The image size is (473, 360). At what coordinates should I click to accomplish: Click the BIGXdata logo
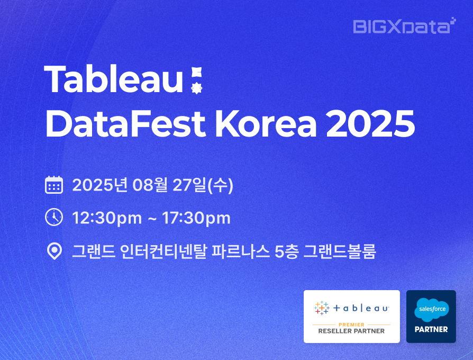coord(405,26)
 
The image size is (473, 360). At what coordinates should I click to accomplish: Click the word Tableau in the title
coord(113,79)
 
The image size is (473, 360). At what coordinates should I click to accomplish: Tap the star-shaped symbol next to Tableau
coord(197,88)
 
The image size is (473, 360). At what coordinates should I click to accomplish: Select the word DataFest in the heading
coord(125,124)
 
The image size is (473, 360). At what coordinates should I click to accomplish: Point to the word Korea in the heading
coord(266,124)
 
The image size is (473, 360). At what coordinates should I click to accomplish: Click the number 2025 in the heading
coord(370,124)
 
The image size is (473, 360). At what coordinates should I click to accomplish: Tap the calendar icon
coord(54,185)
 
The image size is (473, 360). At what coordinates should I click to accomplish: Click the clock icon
coord(54,217)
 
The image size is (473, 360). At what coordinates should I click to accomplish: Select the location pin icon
coord(54,251)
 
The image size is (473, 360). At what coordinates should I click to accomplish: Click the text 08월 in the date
coord(150,185)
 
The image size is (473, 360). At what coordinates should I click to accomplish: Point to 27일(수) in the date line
coord(203,185)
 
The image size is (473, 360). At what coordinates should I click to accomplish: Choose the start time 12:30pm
coord(107,218)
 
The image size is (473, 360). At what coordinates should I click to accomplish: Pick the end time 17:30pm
coord(196,218)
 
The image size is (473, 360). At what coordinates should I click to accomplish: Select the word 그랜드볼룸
coord(340,251)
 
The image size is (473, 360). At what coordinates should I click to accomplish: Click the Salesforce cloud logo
coord(432,310)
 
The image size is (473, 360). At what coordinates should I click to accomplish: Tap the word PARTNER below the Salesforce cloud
coord(431,329)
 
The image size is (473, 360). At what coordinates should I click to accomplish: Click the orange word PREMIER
coord(352,325)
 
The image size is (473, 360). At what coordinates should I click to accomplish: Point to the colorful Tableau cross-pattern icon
coord(322,308)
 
